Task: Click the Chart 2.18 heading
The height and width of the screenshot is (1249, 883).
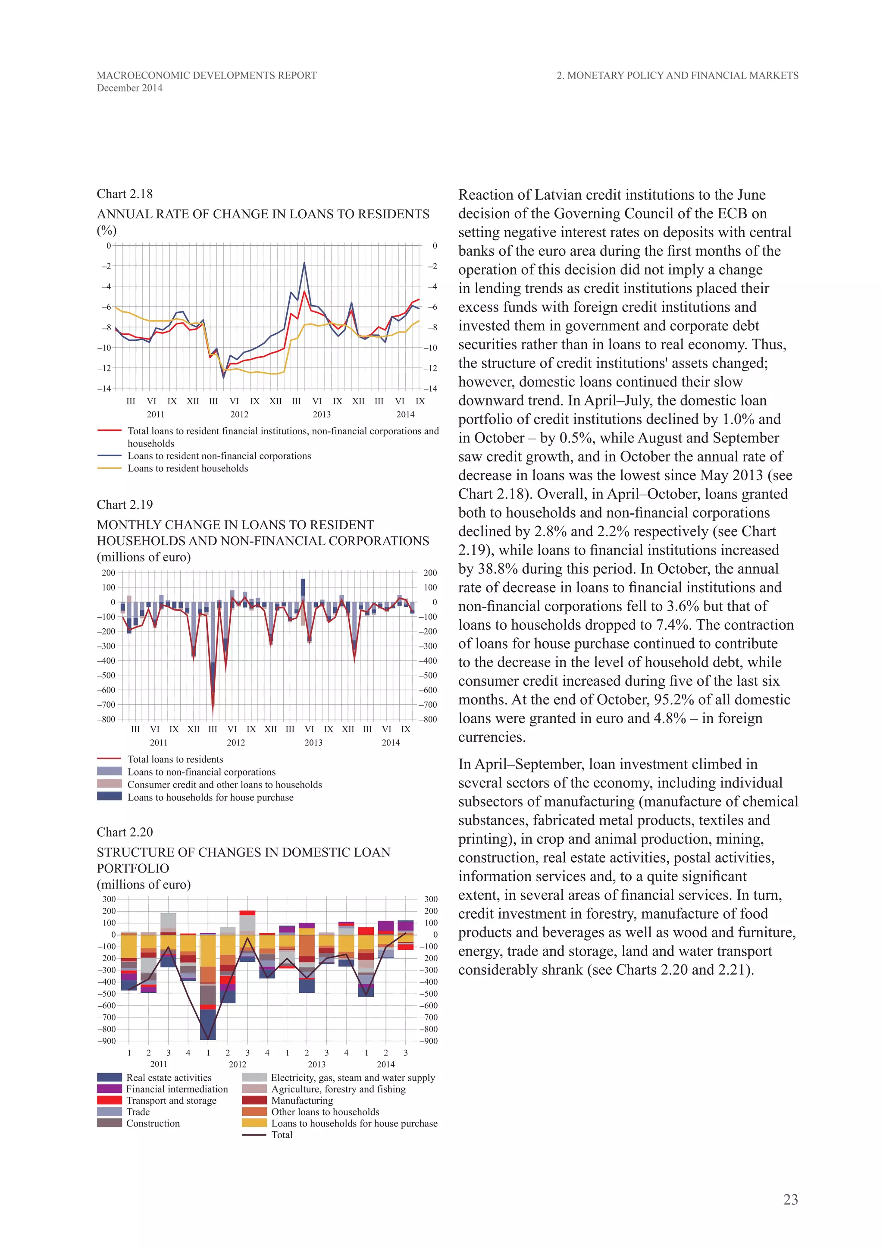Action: click(125, 194)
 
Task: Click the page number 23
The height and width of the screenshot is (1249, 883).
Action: click(790, 1199)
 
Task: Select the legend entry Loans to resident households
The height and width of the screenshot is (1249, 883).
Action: click(188, 468)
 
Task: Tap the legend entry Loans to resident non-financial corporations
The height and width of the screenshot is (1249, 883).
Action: click(219, 456)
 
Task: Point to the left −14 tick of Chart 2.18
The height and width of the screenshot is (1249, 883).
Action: click(104, 389)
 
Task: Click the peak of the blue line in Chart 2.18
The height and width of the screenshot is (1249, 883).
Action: click(304, 263)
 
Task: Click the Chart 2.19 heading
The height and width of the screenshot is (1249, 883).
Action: click(125, 505)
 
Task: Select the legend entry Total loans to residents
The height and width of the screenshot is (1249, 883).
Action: click(175, 759)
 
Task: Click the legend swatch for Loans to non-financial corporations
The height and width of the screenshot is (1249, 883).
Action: click(109, 772)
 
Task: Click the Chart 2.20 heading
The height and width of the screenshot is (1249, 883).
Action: click(125, 832)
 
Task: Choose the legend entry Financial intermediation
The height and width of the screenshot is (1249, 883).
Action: click(177, 1089)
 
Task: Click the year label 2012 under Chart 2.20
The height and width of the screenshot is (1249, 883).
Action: click(237, 1064)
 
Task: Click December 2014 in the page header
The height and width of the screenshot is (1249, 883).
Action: click(129, 88)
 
